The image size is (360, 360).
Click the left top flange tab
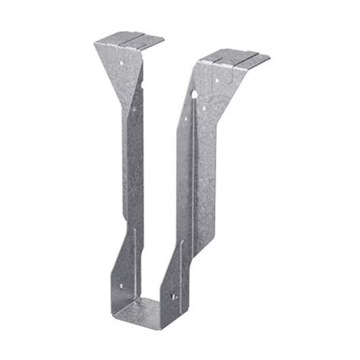pos(129,39)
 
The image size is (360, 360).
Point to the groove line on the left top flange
pos(127,38)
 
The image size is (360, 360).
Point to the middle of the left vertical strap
pos(134,167)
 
